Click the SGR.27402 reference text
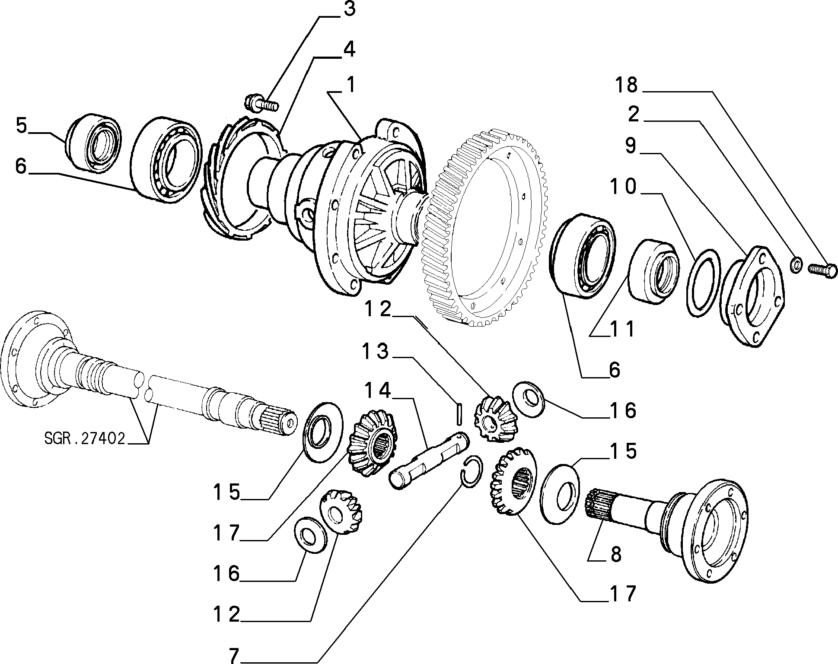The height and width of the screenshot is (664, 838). click(x=85, y=438)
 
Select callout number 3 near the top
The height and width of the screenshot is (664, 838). click(x=349, y=9)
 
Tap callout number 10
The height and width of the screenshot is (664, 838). click(x=623, y=187)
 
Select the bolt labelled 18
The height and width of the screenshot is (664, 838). click(x=820, y=272)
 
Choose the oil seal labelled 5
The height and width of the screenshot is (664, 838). click(x=94, y=141)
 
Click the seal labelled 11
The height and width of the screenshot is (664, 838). click(x=653, y=272)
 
